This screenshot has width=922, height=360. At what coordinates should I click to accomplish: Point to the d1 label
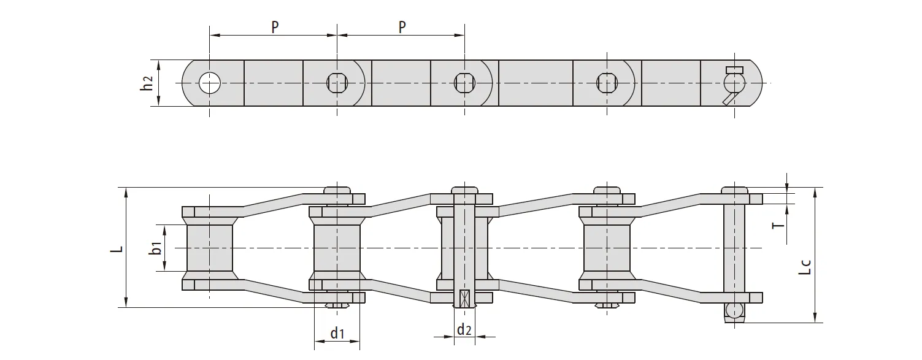pyautogui.click(x=337, y=333)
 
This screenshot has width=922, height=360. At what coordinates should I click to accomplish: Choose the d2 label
pyautogui.click(x=464, y=329)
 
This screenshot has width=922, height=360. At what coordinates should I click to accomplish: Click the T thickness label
pyautogui.click(x=778, y=225)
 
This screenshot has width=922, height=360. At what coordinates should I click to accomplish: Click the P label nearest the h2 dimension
pyautogui.click(x=275, y=28)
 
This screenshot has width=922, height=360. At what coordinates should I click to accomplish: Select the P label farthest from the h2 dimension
pyautogui.click(x=402, y=28)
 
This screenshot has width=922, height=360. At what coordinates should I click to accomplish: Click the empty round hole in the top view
pyautogui.click(x=210, y=83)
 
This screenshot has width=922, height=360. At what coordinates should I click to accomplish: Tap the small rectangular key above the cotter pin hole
pyautogui.click(x=734, y=69)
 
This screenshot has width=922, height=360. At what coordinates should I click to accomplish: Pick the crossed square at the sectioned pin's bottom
pyautogui.click(x=464, y=299)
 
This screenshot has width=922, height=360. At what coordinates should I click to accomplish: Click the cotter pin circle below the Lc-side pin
pyautogui.click(x=734, y=310)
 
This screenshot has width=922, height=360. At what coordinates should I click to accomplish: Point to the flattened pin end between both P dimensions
pyautogui.click(x=337, y=83)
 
